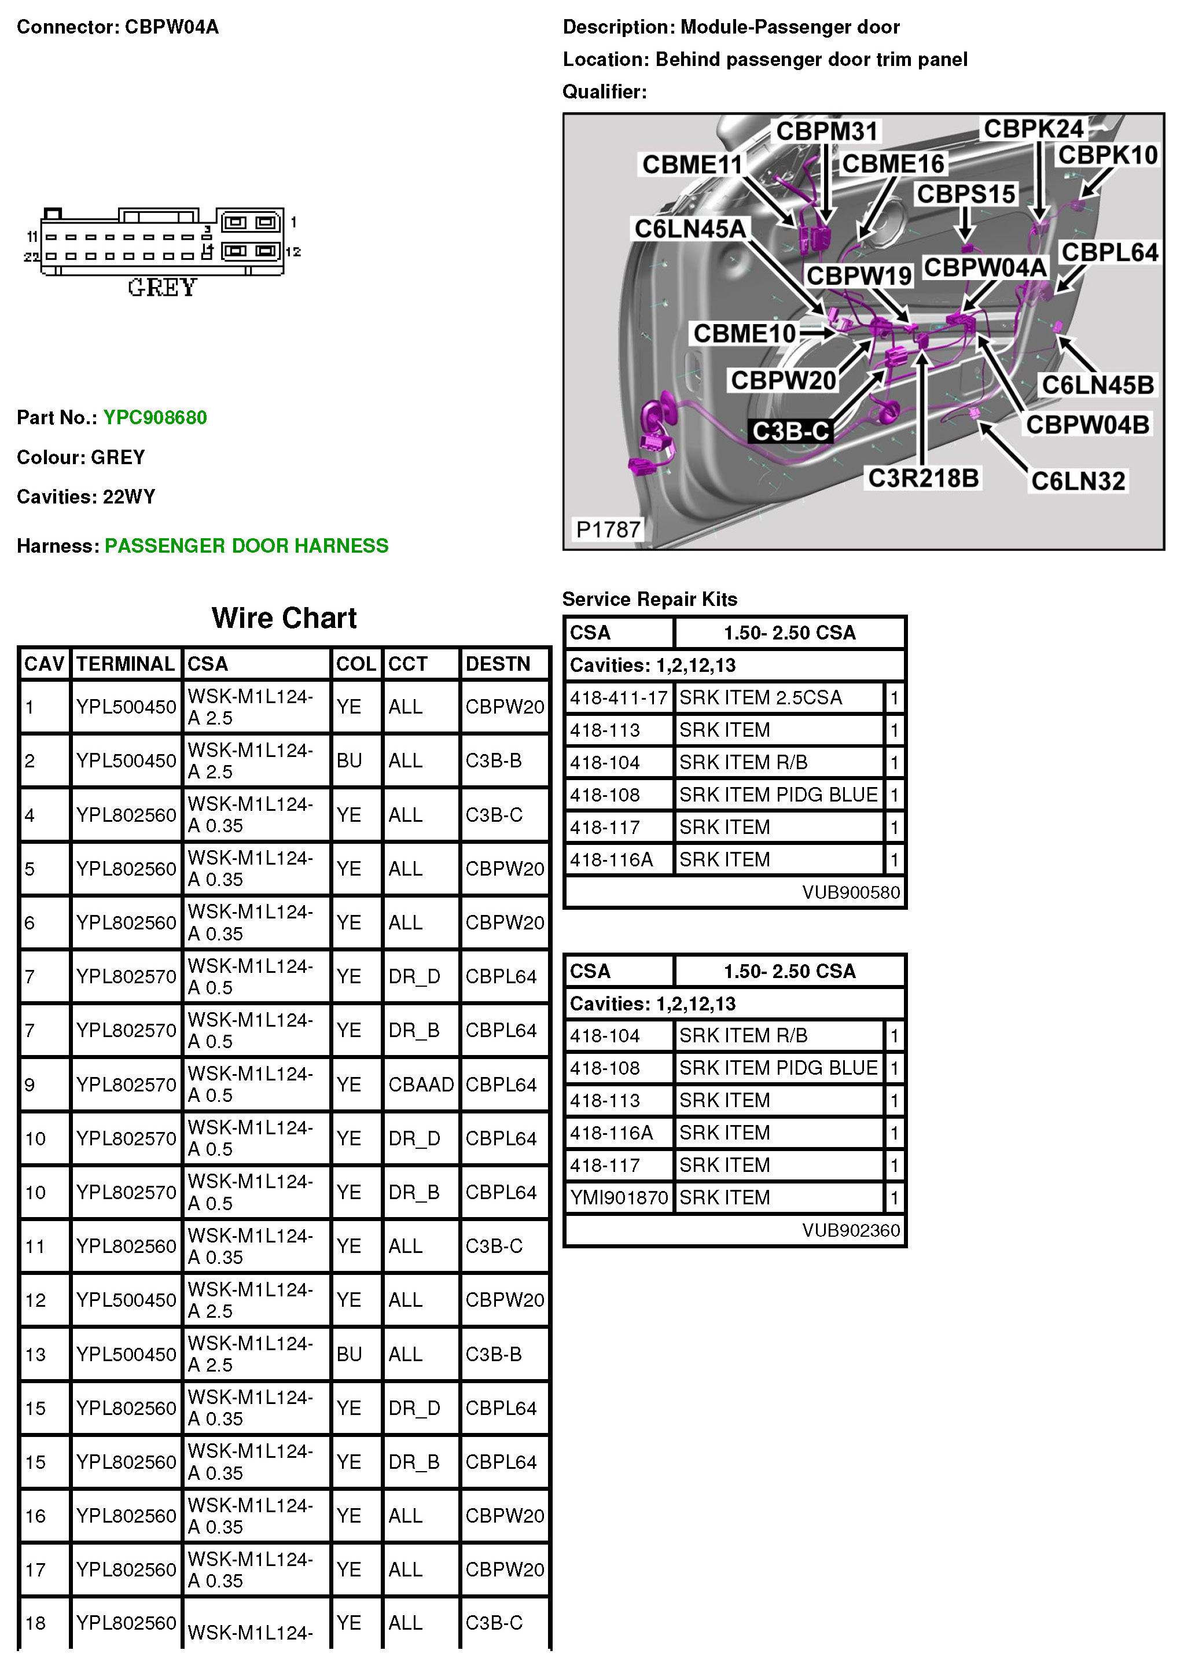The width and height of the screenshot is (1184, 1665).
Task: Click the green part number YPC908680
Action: coord(155,418)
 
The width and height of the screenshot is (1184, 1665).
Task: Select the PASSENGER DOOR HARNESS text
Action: coord(247,545)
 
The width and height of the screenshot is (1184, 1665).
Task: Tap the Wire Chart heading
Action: coord(284,618)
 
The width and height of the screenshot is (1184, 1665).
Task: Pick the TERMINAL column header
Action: coord(126,663)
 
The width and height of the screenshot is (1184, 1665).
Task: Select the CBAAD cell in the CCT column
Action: coord(421,1084)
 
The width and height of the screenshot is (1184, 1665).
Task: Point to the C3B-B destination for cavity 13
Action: coord(494,1354)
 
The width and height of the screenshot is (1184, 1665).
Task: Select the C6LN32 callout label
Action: coord(1078,480)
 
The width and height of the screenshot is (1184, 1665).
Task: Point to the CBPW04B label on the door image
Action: coord(1087,424)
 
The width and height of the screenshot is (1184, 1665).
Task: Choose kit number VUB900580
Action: coord(851,892)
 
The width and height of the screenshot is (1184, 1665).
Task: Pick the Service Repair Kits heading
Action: coord(650,598)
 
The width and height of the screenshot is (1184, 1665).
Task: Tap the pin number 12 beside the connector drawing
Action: coord(293,252)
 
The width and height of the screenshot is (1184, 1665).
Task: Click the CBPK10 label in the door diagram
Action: coord(1108,155)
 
